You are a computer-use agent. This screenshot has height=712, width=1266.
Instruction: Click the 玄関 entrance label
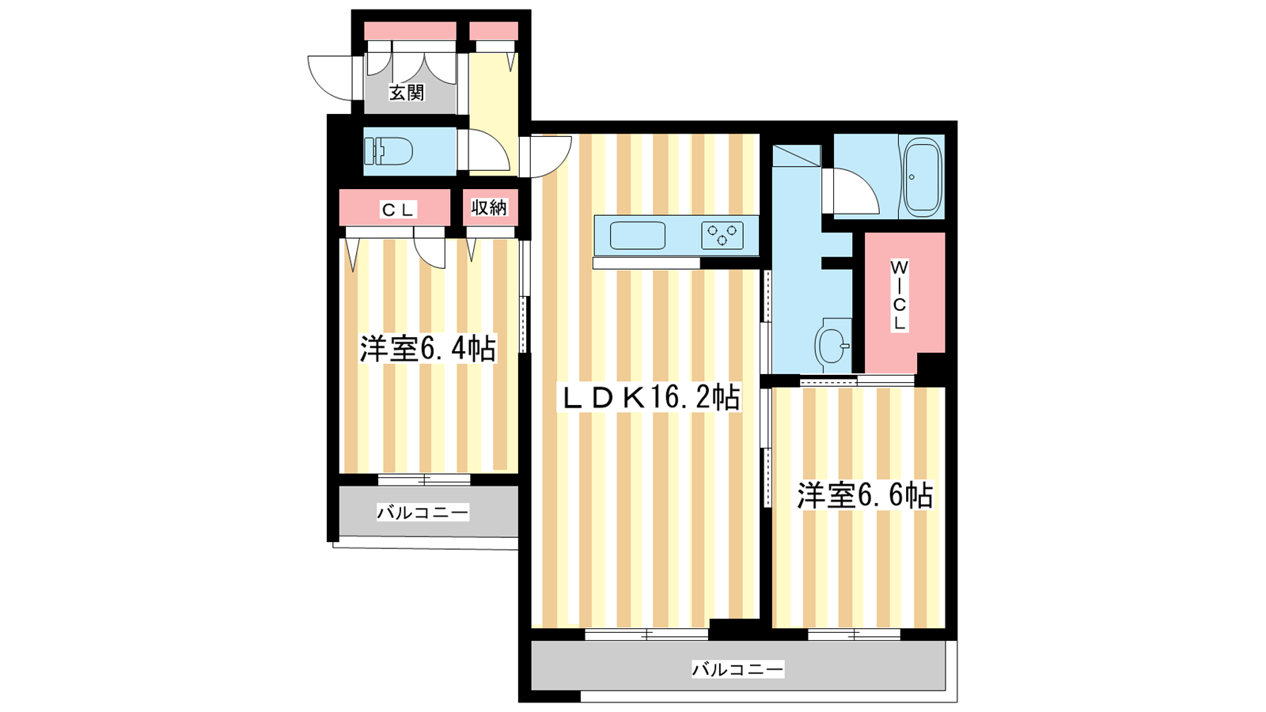click(x=407, y=92)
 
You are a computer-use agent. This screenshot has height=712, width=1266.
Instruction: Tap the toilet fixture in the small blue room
click(x=389, y=151)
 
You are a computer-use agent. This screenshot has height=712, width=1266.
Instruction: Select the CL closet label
click(x=399, y=210)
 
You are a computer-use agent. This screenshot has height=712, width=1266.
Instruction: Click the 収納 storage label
click(x=490, y=208)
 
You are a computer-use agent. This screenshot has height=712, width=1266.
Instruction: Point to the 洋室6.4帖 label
click(x=428, y=349)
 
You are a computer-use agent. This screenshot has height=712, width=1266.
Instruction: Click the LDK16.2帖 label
click(x=648, y=397)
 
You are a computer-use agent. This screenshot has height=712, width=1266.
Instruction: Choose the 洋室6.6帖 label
click(x=865, y=495)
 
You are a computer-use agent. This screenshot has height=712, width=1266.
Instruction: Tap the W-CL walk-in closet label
click(x=899, y=295)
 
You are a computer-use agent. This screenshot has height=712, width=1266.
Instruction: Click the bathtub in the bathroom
click(x=923, y=177)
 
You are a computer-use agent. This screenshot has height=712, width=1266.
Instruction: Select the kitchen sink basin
click(x=638, y=236)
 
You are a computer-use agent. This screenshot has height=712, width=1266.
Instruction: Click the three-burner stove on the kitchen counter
click(x=722, y=236)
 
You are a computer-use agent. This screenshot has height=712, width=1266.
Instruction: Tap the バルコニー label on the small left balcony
click(x=423, y=513)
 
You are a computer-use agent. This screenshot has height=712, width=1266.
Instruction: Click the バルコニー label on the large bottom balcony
click(x=737, y=669)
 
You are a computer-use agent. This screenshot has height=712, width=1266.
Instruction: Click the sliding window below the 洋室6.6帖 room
click(x=854, y=634)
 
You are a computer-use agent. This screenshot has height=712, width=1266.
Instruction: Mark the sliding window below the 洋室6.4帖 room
click(x=424, y=479)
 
